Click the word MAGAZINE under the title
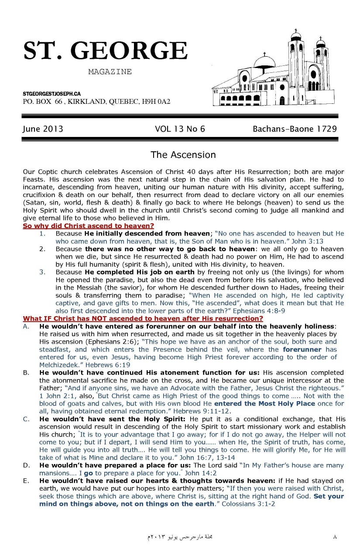[110, 72]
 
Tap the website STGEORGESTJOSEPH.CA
[51, 94]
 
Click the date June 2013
[43, 129]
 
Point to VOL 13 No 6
[180, 129]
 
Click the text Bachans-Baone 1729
[295, 129]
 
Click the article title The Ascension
[183, 154]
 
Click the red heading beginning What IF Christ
[143, 318]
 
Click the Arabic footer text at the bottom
[180, 537]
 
